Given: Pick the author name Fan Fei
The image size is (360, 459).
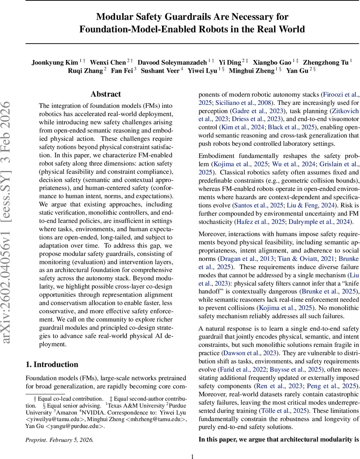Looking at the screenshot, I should [x=122, y=71].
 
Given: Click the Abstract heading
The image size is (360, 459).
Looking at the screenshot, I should [x=106, y=94].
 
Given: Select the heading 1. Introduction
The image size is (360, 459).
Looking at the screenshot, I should [x=52, y=364].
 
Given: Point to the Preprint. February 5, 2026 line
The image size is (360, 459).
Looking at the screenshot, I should [x=60, y=440].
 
